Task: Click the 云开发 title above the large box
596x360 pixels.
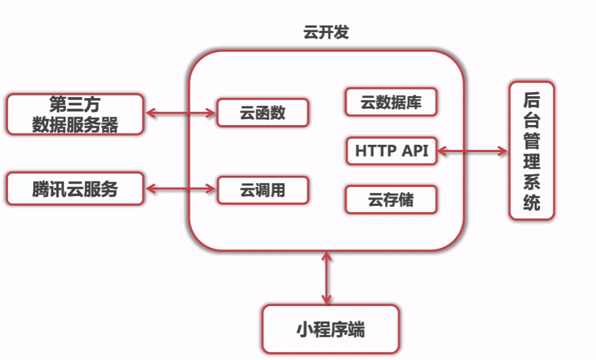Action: pyautogui.click(x=325, y=33)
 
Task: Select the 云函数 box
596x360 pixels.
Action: pyautogui.click(x=262, y=113)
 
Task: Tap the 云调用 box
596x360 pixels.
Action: pyautogui.click(x=262, y=190)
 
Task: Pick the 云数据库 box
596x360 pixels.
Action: pyautogui.click(x=391, y=102)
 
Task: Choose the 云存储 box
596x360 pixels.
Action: pyautogui.click(x=391, y=199)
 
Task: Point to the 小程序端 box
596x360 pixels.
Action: pyautogui.click(x=330, y=329)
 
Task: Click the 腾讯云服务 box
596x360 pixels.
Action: pyautogui.click(x=74, y=190)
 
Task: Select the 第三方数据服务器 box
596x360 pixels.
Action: pyautogui.click(x=74, y=114)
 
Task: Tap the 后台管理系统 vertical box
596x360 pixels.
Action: pyautogui.click(x=532, y=151)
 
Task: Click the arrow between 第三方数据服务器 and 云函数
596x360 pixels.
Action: pyautogui.click(x=180, y=113)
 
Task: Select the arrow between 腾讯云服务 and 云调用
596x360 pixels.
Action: pyautogui.click(x=180, y=190)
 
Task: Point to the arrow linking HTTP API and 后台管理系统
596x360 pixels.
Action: pyautogui.click(x=473, y=151)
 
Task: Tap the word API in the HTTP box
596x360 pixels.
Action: pyautogui.click(x=414, y=151)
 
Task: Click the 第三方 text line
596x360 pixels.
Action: pyautogui.click(x=74, y=104)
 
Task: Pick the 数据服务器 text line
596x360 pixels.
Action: pyautogui.click(x=74, y=124)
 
